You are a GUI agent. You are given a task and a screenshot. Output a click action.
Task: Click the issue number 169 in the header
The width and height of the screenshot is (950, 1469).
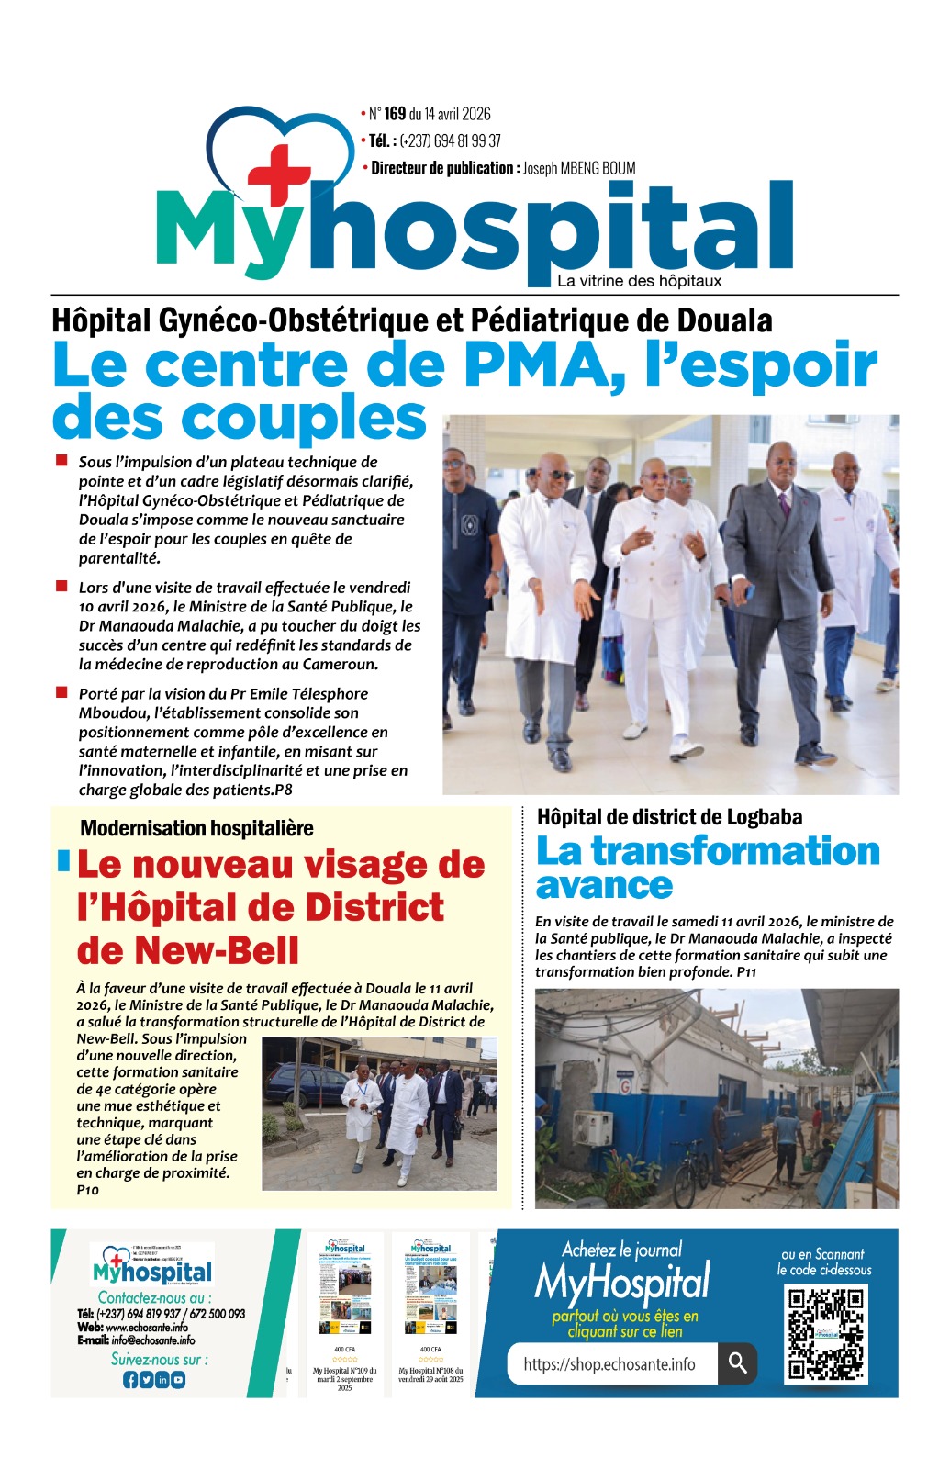[395, 114]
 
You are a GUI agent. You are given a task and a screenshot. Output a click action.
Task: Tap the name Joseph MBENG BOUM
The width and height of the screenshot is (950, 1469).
[579, 168]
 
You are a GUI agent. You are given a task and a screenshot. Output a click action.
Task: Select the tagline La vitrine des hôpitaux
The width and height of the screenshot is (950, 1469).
[639, 281]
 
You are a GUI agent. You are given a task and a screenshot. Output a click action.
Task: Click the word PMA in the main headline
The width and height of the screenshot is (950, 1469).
[537, 364]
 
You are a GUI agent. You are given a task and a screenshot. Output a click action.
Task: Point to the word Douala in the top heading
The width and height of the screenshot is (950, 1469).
[724, 321]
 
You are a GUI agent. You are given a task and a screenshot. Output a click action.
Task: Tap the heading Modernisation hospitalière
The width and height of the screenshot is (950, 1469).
[196, 828]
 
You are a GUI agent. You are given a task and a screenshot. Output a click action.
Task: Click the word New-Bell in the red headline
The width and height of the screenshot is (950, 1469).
[188, 950]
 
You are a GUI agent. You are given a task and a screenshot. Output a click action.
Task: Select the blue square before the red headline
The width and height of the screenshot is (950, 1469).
[63, 860]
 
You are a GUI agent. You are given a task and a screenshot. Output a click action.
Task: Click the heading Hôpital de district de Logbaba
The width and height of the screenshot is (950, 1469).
[669, 817]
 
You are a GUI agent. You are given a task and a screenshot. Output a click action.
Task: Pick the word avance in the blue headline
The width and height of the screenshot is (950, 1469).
[604, 886]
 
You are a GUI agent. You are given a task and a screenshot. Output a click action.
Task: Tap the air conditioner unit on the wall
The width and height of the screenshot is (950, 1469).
[592, 1127]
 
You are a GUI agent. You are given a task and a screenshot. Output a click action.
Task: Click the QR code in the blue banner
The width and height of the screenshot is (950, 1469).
[826, 1334]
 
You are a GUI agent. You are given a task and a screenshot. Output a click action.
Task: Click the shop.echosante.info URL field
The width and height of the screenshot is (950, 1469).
[609, 1364]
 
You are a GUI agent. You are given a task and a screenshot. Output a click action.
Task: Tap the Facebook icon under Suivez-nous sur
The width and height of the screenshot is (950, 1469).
[129, 1379]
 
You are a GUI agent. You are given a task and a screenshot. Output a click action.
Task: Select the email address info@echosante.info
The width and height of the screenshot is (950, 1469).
[152, 1340]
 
